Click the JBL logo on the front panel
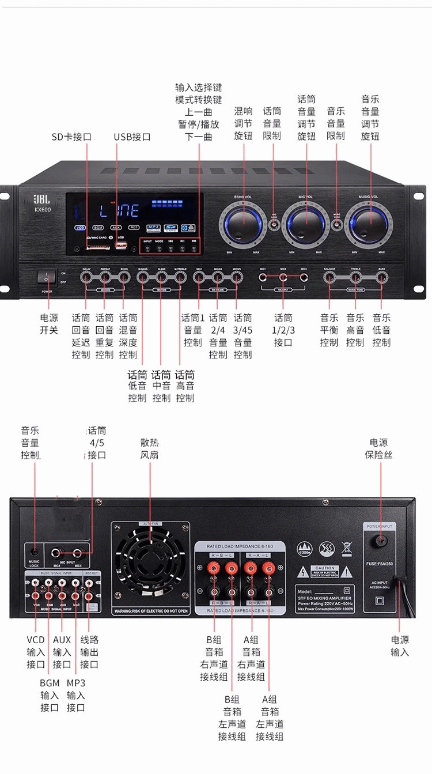click(42, 199)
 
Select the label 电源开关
click(49, 324)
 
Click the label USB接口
click(132, 137)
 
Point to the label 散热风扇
click(149, 448)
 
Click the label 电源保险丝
click(378, 448)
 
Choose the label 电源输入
click(400, 645)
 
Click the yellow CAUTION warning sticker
click(325, 571)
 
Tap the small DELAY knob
click(86, 277)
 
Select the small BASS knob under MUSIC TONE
click(381, 277)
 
